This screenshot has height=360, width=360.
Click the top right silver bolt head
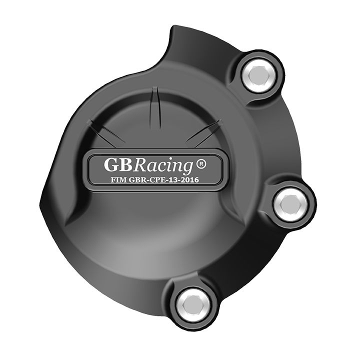point(258,74)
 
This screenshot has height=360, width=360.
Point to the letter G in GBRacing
point(111,164)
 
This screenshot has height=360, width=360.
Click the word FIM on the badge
point(118,180)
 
